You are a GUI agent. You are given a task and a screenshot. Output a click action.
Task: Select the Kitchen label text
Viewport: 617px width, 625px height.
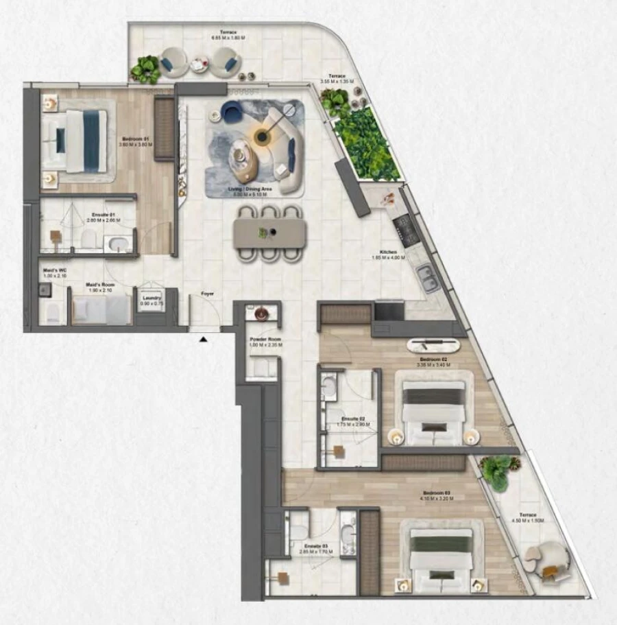[389, 252]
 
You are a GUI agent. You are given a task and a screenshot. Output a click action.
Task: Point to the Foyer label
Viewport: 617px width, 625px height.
[207, 294]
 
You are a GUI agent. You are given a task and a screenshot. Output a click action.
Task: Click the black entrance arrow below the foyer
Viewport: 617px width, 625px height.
[203, 338]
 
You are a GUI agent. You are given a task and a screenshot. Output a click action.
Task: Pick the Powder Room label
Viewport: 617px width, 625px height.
[265, 340]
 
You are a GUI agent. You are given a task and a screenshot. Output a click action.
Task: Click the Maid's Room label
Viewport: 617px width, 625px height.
[99, 284]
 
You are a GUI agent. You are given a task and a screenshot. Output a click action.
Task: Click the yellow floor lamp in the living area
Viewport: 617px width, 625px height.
[262, 137]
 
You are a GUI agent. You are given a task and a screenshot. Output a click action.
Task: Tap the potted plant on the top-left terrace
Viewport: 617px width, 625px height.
[145, 69]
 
